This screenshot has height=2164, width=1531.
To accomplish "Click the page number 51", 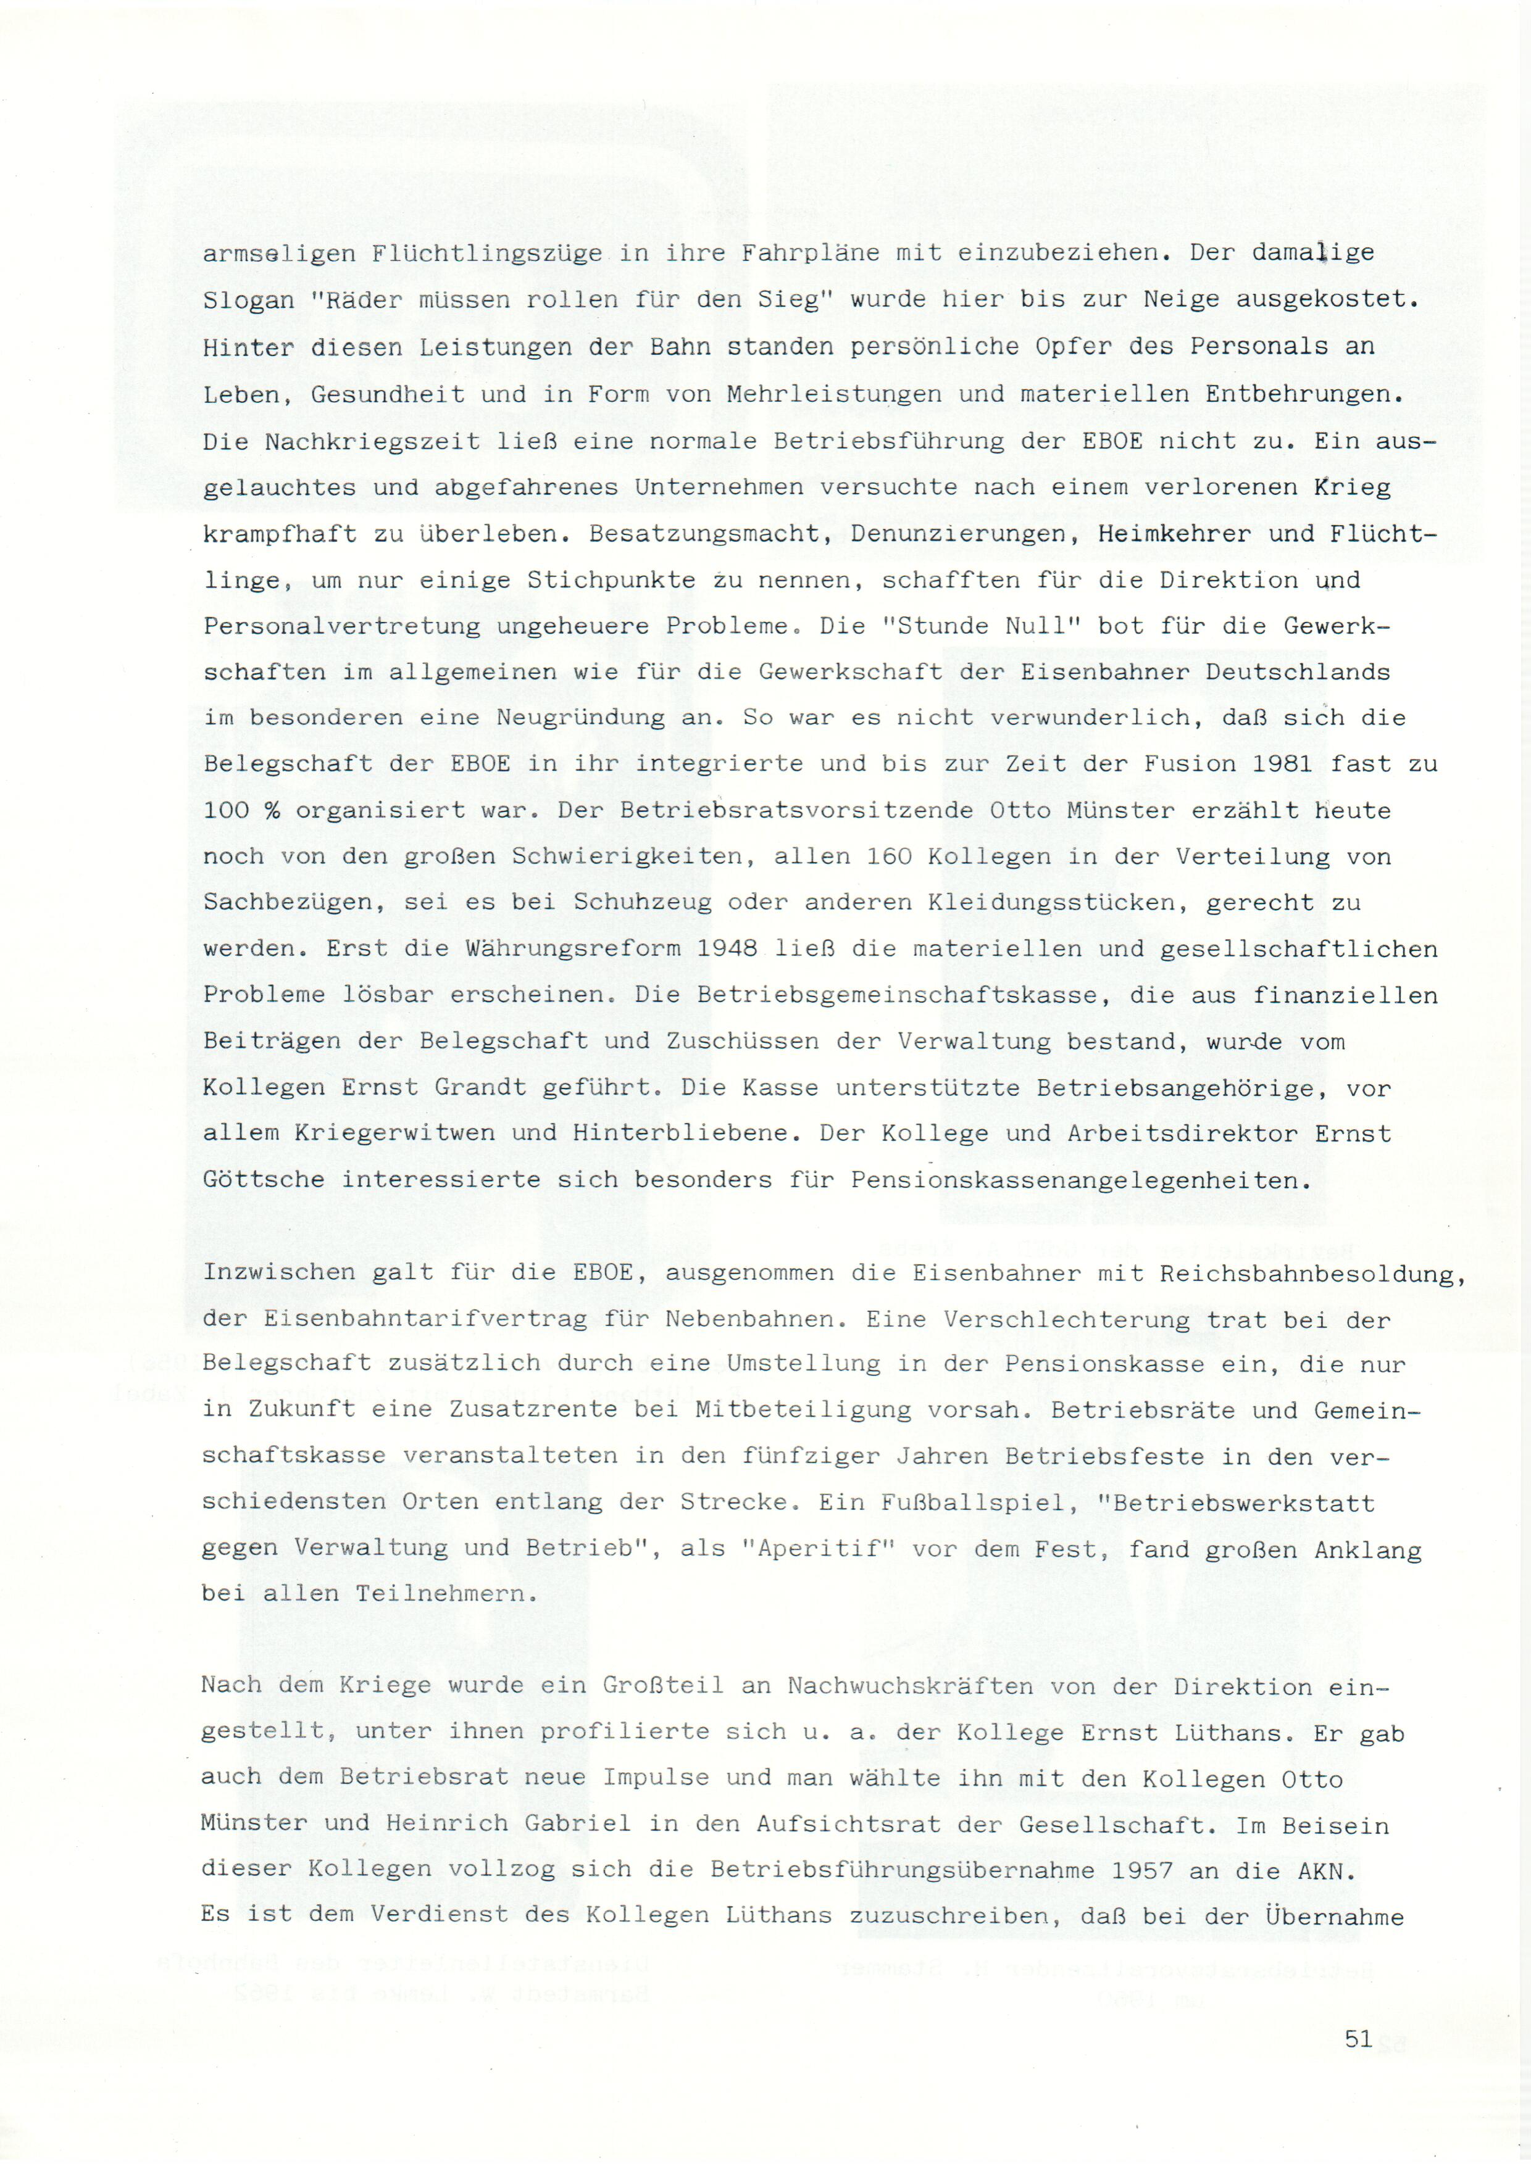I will coord(1358,2039).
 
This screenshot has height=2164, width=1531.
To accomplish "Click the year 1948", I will coord(727,948).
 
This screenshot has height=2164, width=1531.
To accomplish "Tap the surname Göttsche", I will coord(264,1180).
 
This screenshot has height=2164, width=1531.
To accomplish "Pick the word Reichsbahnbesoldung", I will coord(1312,1274).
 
